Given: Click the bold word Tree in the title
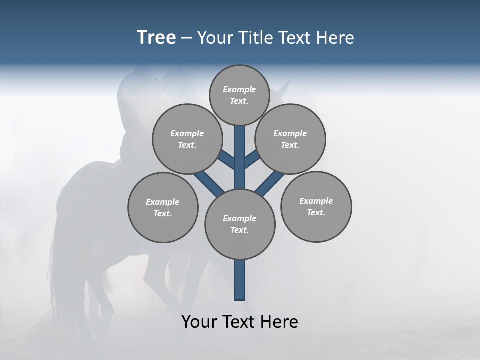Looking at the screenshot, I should click(x=156, y=38).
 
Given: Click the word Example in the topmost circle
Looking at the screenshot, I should click(x=239, y=89).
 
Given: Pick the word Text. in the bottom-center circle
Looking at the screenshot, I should click(x=239, y=230).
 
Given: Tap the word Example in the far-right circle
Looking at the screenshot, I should click(x=316, y=201).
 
